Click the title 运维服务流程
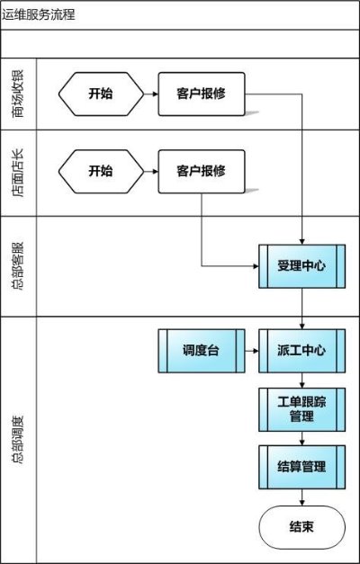point(39,15)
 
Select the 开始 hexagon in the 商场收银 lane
point(101,94)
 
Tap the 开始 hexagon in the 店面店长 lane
point(101,171)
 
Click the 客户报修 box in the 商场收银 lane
point(202,94)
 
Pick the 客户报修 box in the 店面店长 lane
point(202,171)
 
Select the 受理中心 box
point(302,266)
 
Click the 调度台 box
point(202,351)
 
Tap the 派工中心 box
point(302,351)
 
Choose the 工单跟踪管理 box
point(302,409)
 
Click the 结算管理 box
point(302,467)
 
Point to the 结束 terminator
point(302,527)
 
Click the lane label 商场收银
point(18,94)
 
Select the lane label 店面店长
point(18,173)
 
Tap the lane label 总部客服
point(18,266)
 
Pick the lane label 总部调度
point(18,440)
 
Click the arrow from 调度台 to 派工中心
point(252,351)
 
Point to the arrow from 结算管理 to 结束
point(302,497)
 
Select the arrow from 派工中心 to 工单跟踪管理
point(302,380)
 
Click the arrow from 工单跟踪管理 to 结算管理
point(302,438)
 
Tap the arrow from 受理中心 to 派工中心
point(302,309)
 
